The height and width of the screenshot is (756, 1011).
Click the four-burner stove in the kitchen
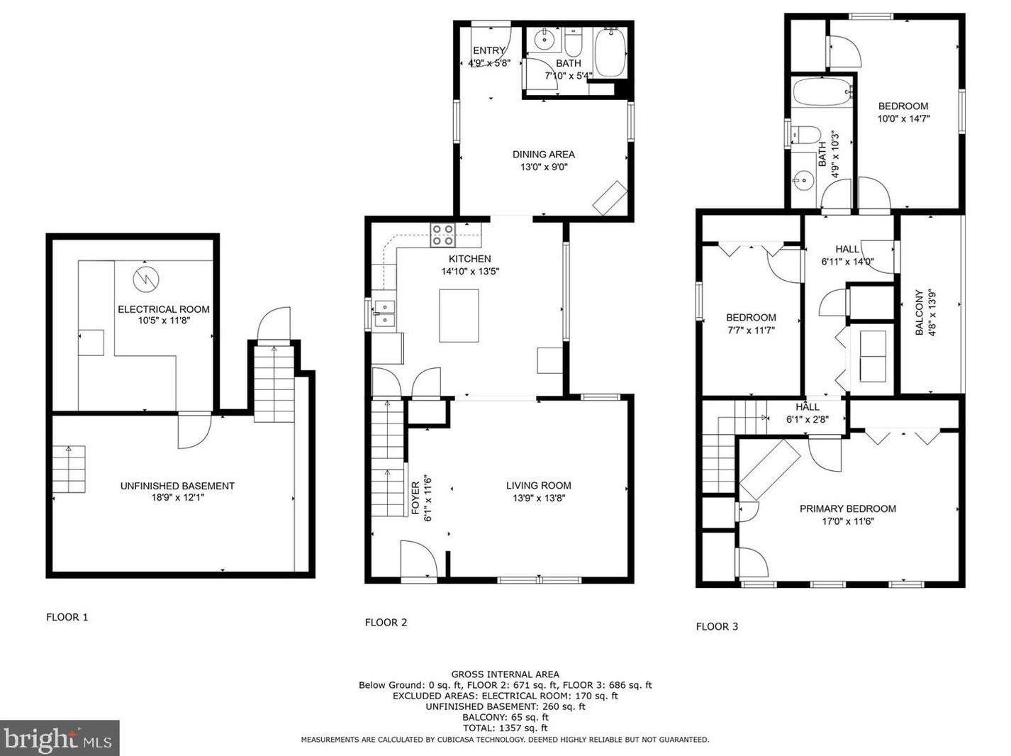[442, 235]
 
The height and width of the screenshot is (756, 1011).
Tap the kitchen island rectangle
[459, 316]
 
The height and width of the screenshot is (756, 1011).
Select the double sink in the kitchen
[384, 313]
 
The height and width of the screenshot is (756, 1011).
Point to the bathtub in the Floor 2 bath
[610, 53]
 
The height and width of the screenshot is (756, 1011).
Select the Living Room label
[538, 485]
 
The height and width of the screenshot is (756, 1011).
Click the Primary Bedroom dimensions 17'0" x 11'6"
[847, 521]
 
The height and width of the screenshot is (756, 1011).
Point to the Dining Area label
[544, 155]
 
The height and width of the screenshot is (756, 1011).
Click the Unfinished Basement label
[177, 486]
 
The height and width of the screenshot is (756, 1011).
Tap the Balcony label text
[919, 312]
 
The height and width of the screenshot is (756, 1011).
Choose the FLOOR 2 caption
[386, 623]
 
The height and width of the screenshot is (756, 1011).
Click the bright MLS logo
[59, 738]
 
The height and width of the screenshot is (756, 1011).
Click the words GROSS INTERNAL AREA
[505, 674]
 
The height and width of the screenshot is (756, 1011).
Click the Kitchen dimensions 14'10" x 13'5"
[470, 272]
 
